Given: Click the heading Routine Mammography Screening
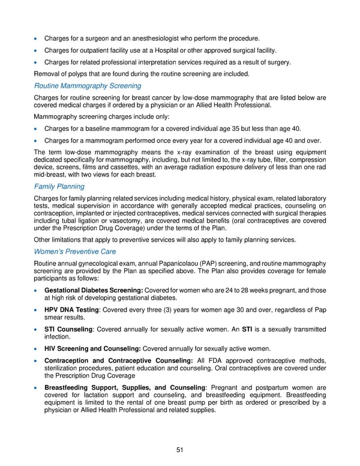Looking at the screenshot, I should point(88,86).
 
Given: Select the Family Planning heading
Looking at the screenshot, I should point(59,187).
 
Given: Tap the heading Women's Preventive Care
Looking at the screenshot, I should point(75,251).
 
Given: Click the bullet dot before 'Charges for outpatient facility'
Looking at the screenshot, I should point(37,50).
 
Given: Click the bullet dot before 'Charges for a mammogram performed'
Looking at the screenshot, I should point(37,141).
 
